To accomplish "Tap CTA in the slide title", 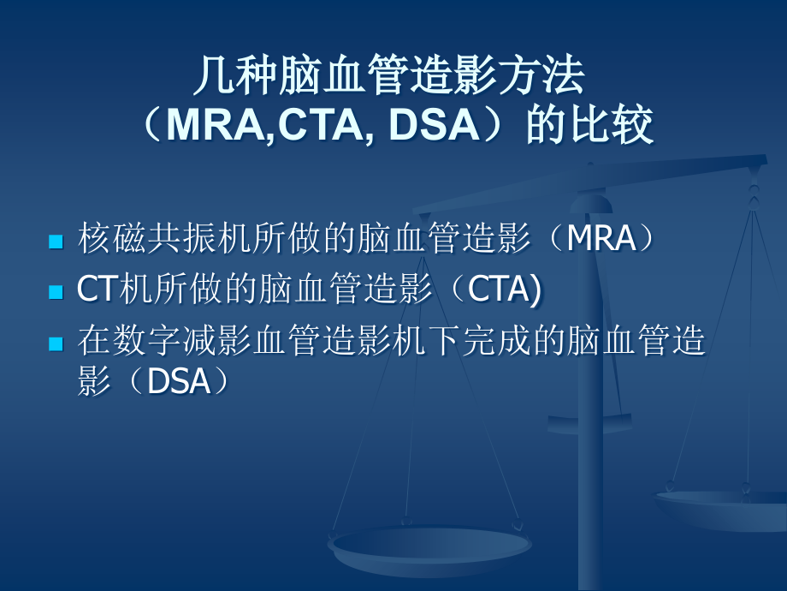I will pos(323,126).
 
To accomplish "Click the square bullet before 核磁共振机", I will pos(56,242).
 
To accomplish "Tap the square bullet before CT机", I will pos(56,292).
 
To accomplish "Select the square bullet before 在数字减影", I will pos(56,343).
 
